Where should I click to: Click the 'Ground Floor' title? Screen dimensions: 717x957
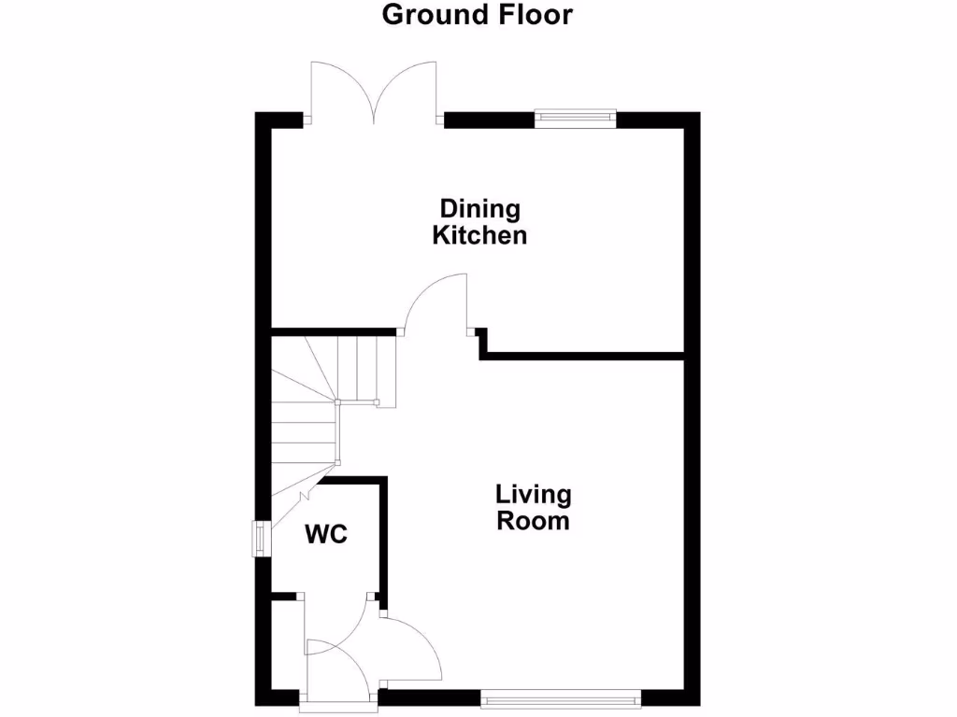477,15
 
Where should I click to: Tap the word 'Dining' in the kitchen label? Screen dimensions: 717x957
479,208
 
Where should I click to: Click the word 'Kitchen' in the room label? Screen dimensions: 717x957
479,235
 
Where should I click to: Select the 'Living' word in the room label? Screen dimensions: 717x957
533,494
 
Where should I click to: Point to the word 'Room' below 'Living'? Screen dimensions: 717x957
533,521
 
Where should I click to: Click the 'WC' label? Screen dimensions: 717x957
326,535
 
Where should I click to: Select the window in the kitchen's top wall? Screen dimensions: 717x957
575,118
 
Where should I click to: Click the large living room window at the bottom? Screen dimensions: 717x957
561,696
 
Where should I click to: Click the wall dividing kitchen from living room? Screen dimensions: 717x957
584,355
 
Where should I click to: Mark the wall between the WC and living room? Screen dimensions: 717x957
381,537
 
